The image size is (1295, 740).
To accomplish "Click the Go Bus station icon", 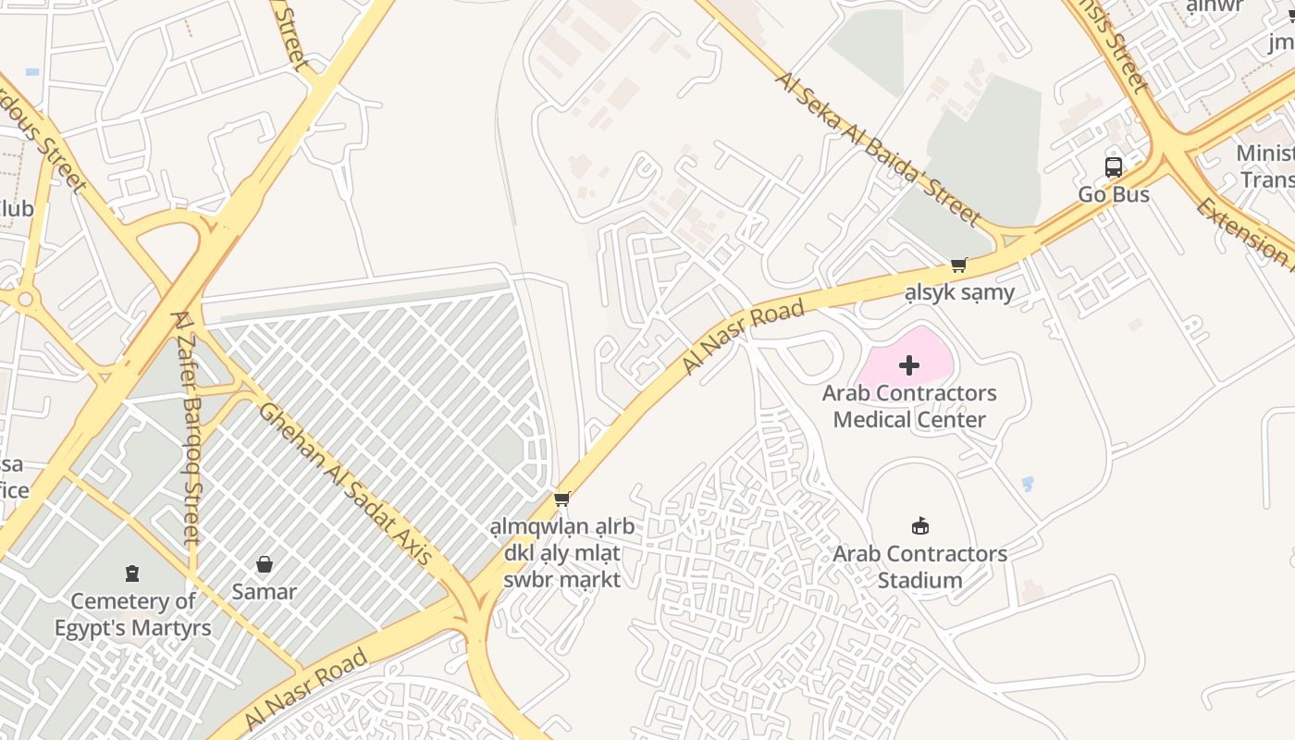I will tap(1114, 167).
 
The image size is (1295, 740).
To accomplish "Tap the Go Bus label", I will tap(1114, 194).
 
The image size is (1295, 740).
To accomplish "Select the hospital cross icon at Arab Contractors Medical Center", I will tap(909, 365).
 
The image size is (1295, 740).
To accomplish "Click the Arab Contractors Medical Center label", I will tap(909, 406).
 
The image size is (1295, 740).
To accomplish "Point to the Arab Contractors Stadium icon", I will tap(919, 526).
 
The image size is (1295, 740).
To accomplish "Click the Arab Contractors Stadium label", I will tap(919, 567).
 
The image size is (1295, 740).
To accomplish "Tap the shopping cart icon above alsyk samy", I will tap(959, 265).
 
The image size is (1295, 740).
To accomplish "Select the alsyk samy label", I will tap(959, 293).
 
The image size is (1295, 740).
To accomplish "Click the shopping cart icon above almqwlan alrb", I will tap(561, 499).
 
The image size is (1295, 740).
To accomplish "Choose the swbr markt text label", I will tap(561, 580).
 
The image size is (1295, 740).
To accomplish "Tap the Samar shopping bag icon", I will tap(265, 564).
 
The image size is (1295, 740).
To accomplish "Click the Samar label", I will tap(265, 592).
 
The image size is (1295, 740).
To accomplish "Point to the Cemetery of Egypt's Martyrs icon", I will tap(132, 573).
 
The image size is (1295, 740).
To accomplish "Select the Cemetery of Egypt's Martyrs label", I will tap(132, 614).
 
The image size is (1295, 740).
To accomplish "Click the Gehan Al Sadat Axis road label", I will tap(345, 484).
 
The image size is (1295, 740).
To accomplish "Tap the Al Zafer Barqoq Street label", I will tap(185, 426).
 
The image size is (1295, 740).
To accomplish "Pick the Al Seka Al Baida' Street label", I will tap(878, 148).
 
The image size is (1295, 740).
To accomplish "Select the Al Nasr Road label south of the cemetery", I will tap(305, 690).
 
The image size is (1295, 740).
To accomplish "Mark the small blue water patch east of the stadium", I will tap(1027, 484).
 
